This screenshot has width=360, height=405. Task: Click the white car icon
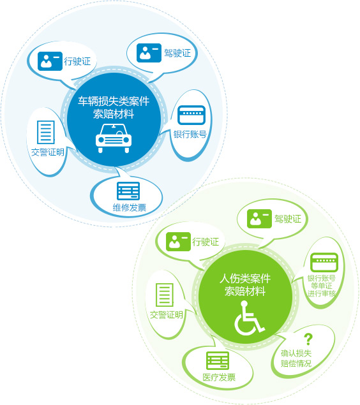[114, 138]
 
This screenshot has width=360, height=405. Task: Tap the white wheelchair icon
[249, 318]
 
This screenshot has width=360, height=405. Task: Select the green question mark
[308, 339]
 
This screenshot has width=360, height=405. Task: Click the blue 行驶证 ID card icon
[50, 61]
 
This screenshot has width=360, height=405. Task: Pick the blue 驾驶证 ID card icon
[149, 53]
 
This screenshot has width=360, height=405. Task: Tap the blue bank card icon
[191, 115]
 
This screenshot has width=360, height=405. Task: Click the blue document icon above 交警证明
[46, 132]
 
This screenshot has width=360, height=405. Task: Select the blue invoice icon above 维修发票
[128, 191]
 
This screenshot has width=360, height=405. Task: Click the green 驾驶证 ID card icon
[259, 219]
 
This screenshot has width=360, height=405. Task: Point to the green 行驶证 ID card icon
[178, 242]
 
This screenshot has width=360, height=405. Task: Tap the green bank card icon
[324, 262]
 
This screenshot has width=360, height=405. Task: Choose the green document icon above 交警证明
[165, 295]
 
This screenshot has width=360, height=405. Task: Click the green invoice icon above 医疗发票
[218, 360]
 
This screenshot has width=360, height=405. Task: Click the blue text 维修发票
[130, 207]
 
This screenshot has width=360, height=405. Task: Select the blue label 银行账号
[190, 135]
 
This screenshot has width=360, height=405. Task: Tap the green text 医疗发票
[219, 378]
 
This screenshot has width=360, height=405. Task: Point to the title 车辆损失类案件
[114, 101]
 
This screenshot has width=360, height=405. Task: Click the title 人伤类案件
[245, 279]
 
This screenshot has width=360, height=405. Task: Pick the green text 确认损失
[296, 353]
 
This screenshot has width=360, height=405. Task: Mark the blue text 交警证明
[47, 152]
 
